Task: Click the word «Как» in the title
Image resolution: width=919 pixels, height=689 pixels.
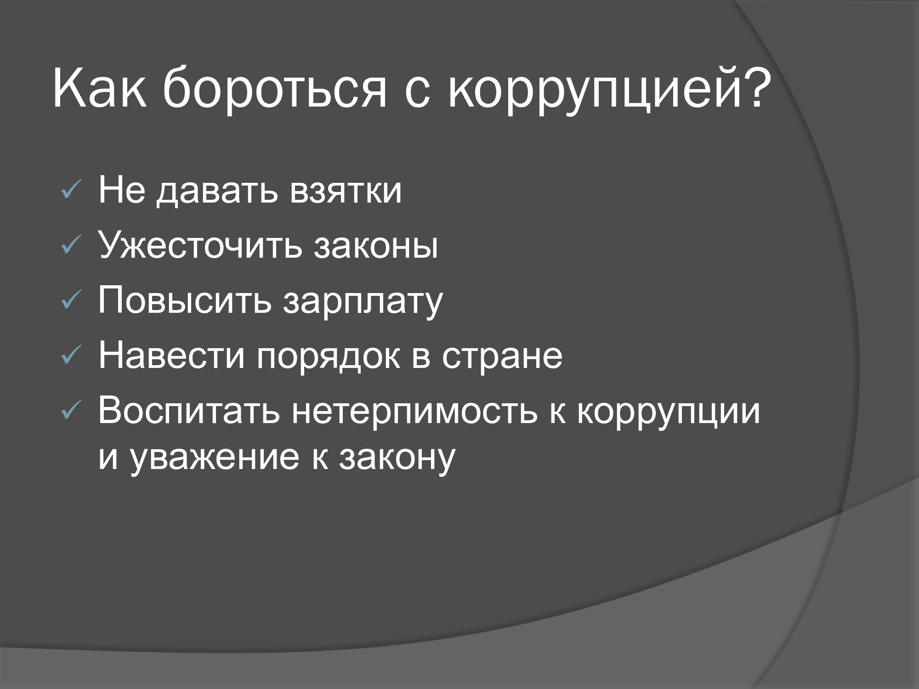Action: point(100,88)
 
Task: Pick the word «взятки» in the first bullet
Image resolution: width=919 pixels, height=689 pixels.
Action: point(346,190)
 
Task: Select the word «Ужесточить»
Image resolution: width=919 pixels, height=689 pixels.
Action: point(200,244)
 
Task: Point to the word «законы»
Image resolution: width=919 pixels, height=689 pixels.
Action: point(376,246)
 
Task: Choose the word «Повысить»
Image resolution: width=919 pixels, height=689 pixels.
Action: point(185,299)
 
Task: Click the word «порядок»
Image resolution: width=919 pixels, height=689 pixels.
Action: point(328,358)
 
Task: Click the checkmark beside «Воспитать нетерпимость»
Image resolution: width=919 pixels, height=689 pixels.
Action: point(72,410)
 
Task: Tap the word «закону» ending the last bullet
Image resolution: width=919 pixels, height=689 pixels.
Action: point(397,459)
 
